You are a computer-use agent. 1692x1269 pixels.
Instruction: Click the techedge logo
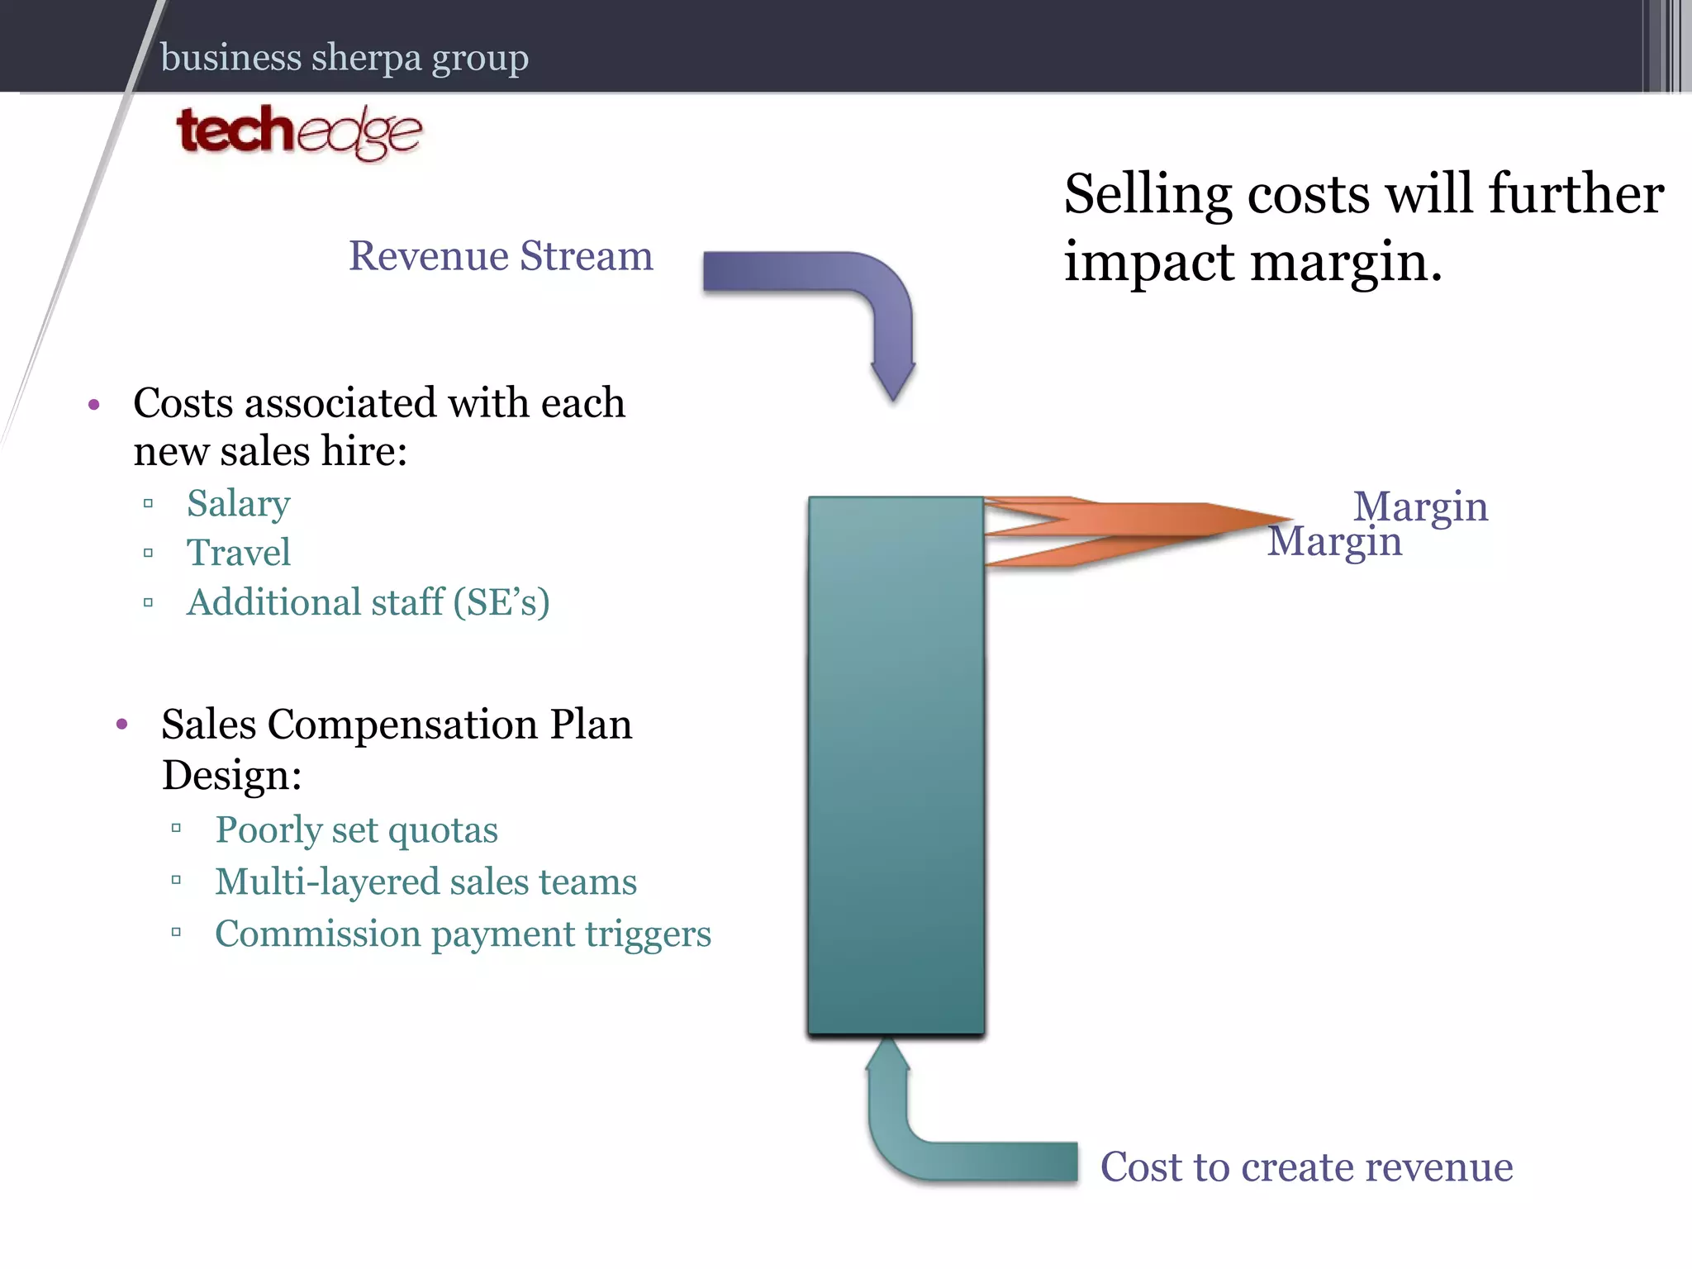[x=298, y=132]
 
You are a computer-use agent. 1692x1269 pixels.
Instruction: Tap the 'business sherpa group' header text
[x=344, y=58]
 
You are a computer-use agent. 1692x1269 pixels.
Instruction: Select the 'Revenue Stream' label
[x=501, y=256]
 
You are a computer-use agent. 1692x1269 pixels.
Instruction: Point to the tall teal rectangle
[x=896, y=764]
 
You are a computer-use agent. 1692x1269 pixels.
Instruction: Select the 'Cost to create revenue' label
[x=1306, y=1167]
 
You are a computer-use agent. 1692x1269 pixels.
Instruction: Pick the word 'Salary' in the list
[x=238, y=503]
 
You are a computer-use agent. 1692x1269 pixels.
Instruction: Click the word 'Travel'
[x=238, y=553]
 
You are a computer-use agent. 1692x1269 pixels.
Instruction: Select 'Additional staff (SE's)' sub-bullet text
[x=368, y=602]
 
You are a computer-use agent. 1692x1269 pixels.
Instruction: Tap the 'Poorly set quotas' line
[x=356, y=829]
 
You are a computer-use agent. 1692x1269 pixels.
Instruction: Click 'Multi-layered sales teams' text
[x=425, y=882]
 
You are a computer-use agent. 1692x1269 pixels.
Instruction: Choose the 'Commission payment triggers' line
[x=463, y=934]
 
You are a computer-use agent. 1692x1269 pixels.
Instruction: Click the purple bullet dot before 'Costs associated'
[x=94, y=405]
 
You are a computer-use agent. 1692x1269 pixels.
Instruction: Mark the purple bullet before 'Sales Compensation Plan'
[x=122, y=725]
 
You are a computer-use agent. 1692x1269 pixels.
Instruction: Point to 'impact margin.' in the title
[x=1252, y=262]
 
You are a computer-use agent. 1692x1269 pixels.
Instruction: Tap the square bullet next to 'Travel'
[x=149, y=553]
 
